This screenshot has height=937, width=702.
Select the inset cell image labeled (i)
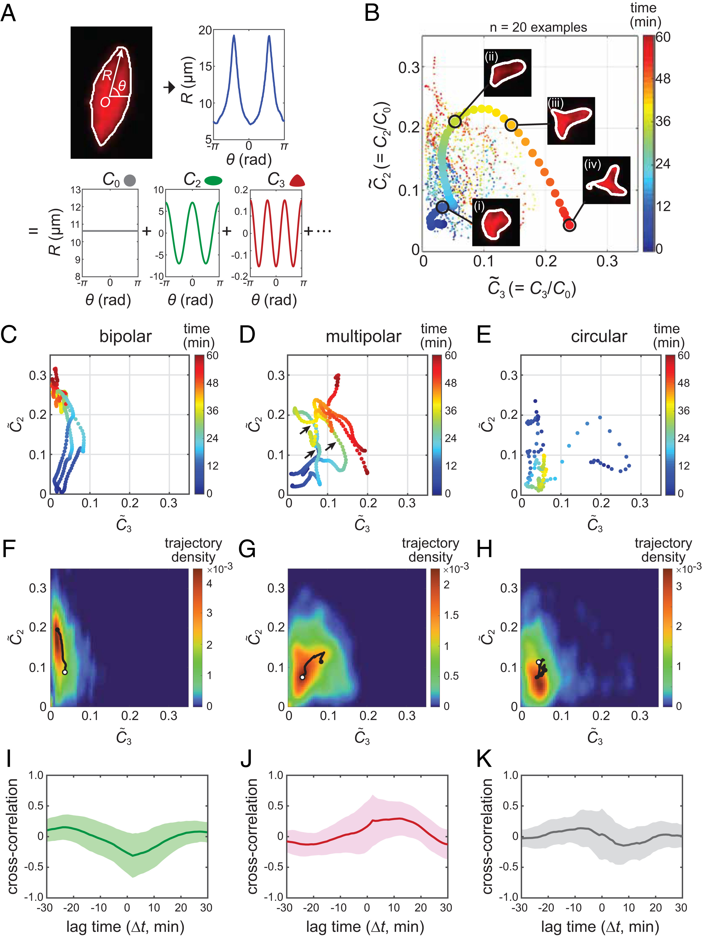tap(496, 222)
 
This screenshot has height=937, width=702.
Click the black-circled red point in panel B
tap(570, 225)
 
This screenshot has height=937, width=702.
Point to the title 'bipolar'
tap(125, 336)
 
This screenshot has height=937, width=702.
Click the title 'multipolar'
tap(363, 336)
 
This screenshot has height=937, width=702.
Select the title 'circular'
tap(599, 336)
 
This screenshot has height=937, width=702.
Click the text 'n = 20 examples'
tap(538, 28)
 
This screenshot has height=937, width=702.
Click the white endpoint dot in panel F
tap(64, 672)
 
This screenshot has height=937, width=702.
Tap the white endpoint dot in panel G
tap(302, 677)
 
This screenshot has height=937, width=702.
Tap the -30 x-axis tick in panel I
tap(46, 908)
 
